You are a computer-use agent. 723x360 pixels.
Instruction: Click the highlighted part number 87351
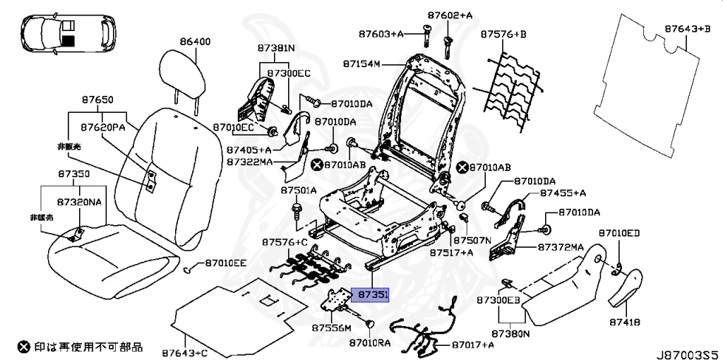pyautogui.click(x=372, y=295)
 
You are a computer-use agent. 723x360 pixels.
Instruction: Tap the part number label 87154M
pyautogui.click(x=361, y=64)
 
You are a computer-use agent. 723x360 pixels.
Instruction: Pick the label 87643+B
pyautogui.click(x=686, y=29)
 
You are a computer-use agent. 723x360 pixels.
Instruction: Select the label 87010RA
pyautogui.click(x=369, y=343)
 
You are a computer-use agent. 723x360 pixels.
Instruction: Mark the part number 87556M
pyautogui.click(x=331, y=328)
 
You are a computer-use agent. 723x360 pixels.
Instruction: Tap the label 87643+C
pyautogui.click(x=184, y=350)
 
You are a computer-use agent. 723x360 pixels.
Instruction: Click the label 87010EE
pyautogui.click(x=226, y=263)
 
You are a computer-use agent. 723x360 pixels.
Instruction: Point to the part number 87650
pyautogui.click(x=97, y=101)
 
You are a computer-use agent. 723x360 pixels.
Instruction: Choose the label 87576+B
pyautogui.click(x=504, y=34)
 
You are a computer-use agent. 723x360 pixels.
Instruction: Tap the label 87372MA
pyautogui.click(x=561, y=247)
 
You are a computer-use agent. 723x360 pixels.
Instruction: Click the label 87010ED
pyautogui.click(x=619, y=233)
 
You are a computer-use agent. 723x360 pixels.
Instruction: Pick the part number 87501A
pyautogui.click(x=299, y=191)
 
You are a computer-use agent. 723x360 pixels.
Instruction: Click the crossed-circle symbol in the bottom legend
pyautogui.click(x=24, y=346)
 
